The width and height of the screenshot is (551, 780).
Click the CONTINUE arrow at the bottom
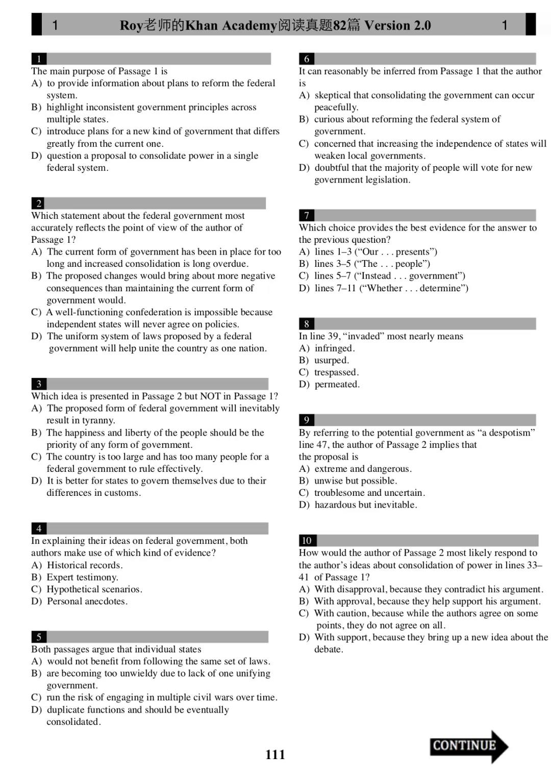coord(468,746)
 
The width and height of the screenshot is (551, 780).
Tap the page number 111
coord(275,754)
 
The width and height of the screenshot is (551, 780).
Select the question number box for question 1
coord(39,59)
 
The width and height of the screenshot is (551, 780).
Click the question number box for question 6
coord(307,59)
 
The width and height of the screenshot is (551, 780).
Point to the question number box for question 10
coord(307,540)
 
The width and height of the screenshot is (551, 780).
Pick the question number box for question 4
coord(39,529)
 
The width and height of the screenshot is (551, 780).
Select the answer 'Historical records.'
coord(85,565)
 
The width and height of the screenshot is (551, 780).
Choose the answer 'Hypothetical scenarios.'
coord(94,589)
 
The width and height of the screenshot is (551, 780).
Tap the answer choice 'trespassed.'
coord(336,372)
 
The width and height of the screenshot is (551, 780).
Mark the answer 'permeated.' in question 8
coord(337,384)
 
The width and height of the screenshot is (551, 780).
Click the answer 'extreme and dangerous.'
coord(363,469)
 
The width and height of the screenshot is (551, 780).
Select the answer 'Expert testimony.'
coord(82,577)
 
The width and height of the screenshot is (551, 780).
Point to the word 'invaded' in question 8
coord(364,336)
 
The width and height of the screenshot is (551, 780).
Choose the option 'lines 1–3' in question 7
coord(332,251)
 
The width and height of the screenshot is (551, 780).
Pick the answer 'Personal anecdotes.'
coord(87,601)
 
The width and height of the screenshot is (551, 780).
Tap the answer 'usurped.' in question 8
coord(332,360)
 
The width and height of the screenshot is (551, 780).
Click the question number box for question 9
coord(307,420)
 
